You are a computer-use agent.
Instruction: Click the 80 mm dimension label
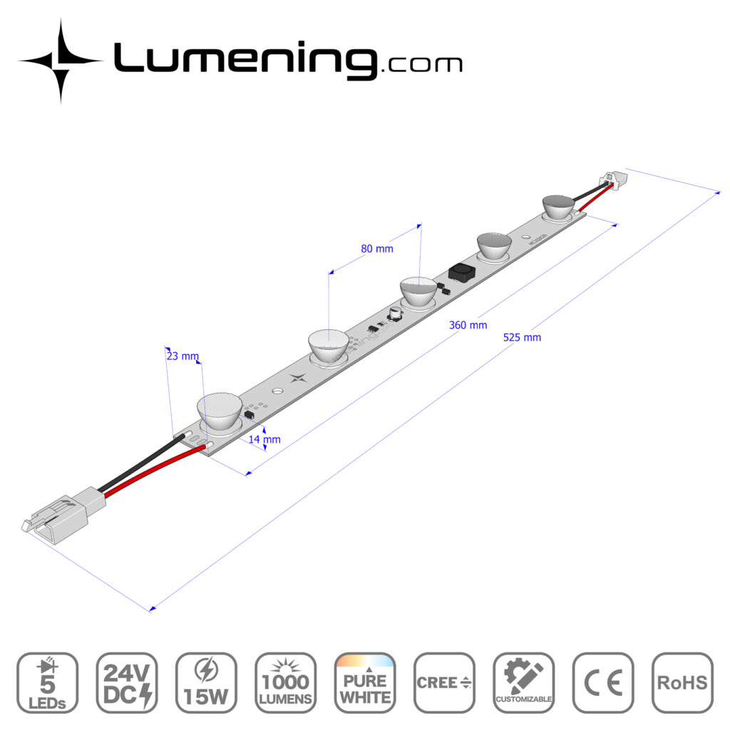[x=377, y=249]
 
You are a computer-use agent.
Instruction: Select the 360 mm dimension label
[x=468, y=325]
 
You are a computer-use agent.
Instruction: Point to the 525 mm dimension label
[x=522, y=337]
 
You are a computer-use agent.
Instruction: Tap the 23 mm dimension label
[x=182, y=356]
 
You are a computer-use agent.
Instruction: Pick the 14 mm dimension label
[x=264, y=439]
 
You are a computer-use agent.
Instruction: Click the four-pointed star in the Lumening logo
[x=61, y=61]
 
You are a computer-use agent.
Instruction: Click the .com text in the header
[x=422, y=65]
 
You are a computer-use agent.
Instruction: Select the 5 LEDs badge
[x=47, y=682]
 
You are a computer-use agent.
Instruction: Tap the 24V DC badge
[x=126, y=682]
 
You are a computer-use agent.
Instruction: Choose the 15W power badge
[x=206, y=682]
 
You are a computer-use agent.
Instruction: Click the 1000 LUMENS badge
[x=285, y=682]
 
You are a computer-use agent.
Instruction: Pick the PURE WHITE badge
[x=364, y=682]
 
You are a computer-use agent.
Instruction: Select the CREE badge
[x=444, y=682]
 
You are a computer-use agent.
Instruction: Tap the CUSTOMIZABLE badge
[x=523, y=682]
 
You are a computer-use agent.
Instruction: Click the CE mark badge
[x=603, y=682]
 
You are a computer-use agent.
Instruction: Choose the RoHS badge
[x=682, y=682]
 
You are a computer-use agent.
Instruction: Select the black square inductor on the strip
[x=461, y=272]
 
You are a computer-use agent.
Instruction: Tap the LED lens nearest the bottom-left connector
[x=220, y=413]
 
